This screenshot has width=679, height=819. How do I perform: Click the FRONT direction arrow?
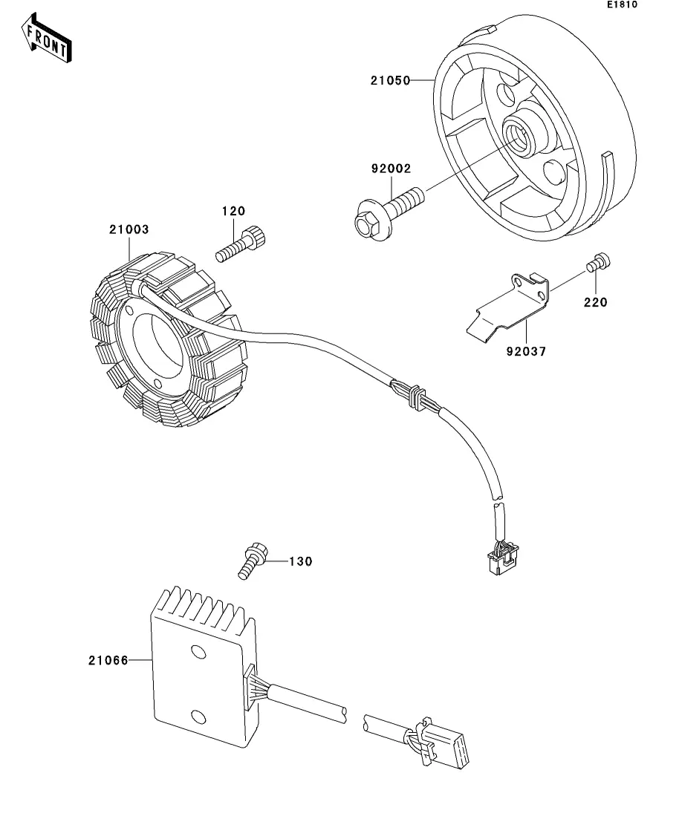[46, 39]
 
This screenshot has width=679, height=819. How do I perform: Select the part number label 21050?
[391, 80]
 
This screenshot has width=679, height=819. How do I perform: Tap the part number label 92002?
[391, 169]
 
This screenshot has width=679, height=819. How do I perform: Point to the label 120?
[234, 211]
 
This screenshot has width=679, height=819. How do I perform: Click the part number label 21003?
[129, 229]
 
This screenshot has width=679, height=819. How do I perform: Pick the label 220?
[596, 302]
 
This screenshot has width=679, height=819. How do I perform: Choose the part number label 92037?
[527, 351]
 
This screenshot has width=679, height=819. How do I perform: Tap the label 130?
[301, 561]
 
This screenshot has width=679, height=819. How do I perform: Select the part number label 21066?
[108, 661]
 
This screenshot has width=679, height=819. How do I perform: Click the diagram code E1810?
[622, 4]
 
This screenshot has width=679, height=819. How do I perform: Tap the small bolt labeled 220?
[599, 263]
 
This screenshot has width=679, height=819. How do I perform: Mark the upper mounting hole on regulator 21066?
[198, 653]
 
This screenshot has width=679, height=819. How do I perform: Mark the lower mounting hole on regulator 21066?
[198, 716]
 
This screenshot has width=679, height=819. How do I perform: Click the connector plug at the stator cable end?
[502, 558]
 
